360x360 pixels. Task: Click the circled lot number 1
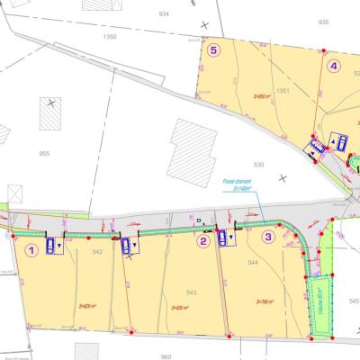pyautogui.click(x=32, y=250)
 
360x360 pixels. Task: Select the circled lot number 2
pyautogui.click(x=204, y=240)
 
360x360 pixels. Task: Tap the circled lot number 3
pyautogui.click(x=267, y=238)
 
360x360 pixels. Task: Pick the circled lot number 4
pyautogui.click(x=334, y=65)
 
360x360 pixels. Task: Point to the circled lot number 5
pyautogui.click(x=213, y=50)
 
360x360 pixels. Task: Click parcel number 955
pyautogui.click(x=44, y=154)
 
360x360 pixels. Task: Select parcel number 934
pyautogui.click(x=163, y=14)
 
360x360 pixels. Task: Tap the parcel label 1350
pyautogui.click(x=110, y=37)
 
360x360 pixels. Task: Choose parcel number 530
pyautogui.click(x=258, y=165)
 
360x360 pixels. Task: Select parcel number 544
pyautogui.click(x=253, y=262)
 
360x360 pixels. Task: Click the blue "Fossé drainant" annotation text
pyautogui.click(x=237, y=184)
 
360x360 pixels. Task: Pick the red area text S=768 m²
pyautogui.click(x=265, y=302)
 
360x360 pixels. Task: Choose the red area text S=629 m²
pyautogui.click(x=88, y=305)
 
